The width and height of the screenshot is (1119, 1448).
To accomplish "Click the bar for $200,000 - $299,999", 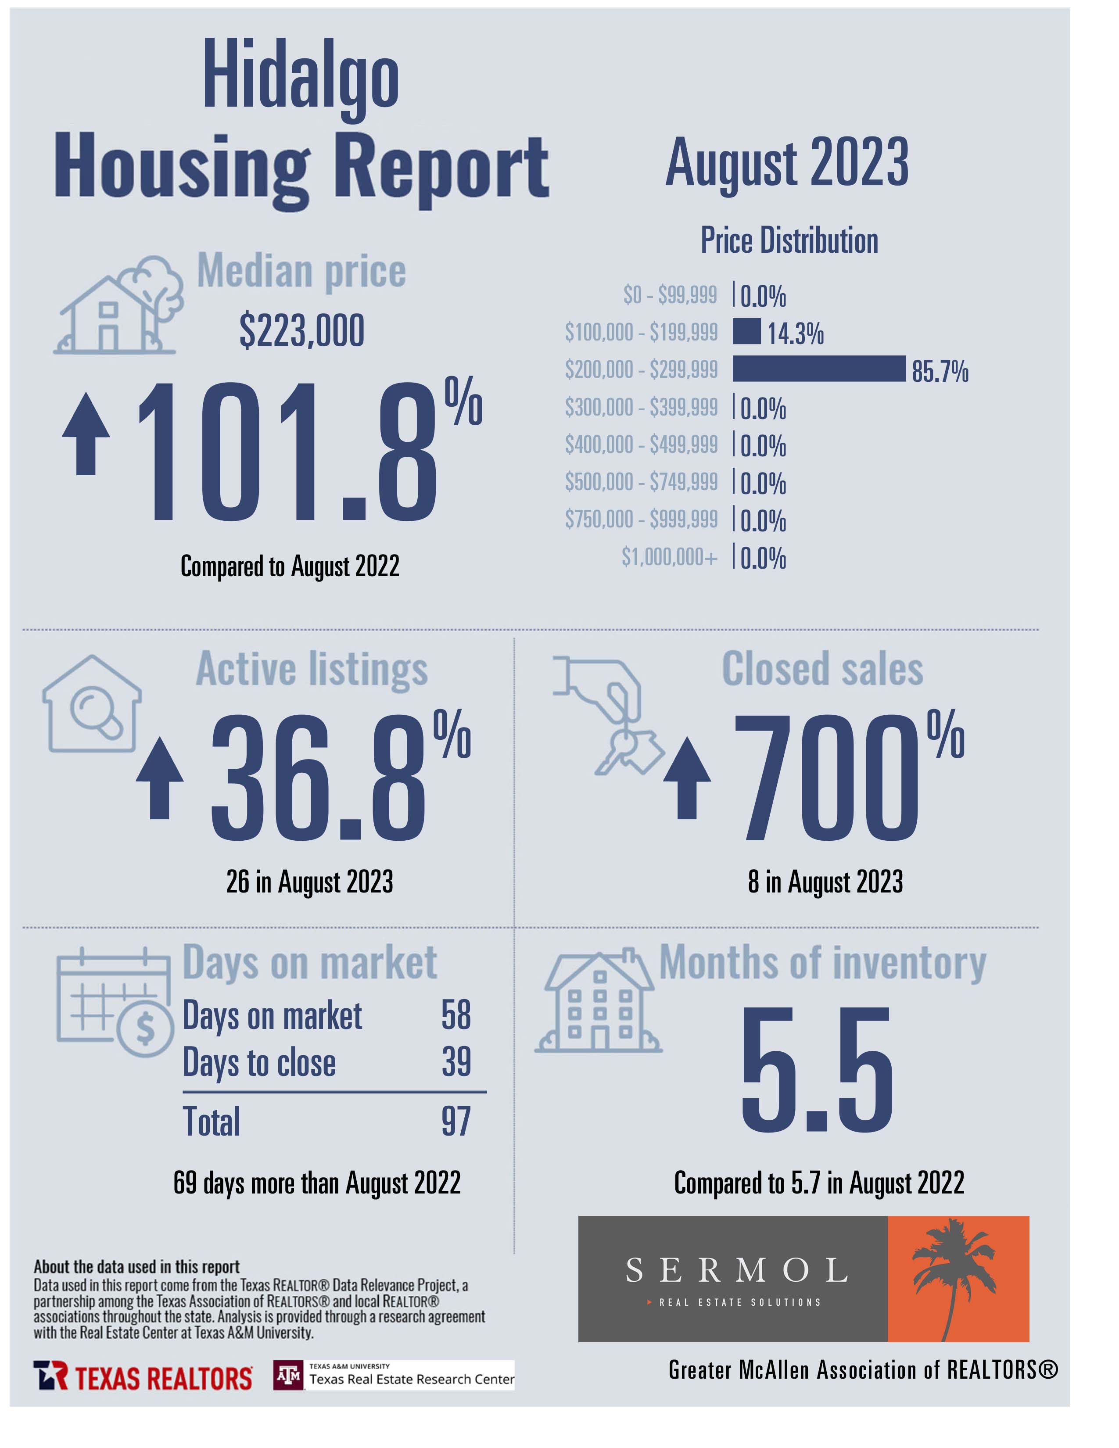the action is pos(819,369).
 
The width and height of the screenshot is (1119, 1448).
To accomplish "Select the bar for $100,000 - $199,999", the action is pos(746,331).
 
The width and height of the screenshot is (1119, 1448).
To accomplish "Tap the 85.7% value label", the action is pos(940,371).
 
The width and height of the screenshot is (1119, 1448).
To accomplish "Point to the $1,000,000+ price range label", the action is pos(669,556).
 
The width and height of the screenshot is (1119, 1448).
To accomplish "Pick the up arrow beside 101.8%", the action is pos(86,434).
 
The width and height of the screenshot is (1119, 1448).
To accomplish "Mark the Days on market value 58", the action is pos(456,1015).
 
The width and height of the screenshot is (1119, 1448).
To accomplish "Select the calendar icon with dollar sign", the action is pos(115,1002).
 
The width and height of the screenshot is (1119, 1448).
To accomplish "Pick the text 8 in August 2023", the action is pos(825,882).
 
